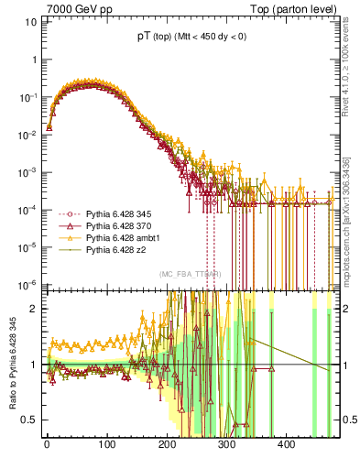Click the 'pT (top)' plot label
(153, 37)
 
